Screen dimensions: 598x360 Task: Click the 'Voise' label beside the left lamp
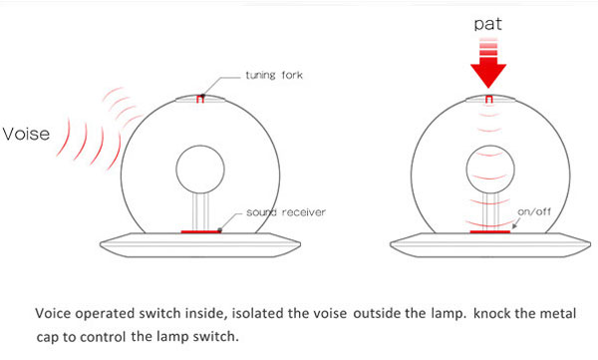point(26,134)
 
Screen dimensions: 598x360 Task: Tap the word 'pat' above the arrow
point(487,24)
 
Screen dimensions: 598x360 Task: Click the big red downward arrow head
point(488,76)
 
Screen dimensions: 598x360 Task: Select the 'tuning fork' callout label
point(274,75)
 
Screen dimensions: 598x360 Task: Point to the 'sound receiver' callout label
point(286,212)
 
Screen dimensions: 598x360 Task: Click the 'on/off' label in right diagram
point(534,211)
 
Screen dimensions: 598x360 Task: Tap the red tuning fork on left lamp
point(200,100)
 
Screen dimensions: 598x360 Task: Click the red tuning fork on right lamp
point(488,100)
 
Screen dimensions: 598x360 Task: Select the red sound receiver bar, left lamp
point(201,231)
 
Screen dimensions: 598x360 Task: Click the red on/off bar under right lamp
point(490,231)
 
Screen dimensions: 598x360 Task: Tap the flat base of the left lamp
point(200,245)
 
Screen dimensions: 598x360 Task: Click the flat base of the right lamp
point(490,245)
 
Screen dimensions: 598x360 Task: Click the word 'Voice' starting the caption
point(53,313)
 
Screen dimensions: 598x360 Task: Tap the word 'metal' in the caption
point(560,313)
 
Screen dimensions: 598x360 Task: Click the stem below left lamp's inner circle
point(200,212)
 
